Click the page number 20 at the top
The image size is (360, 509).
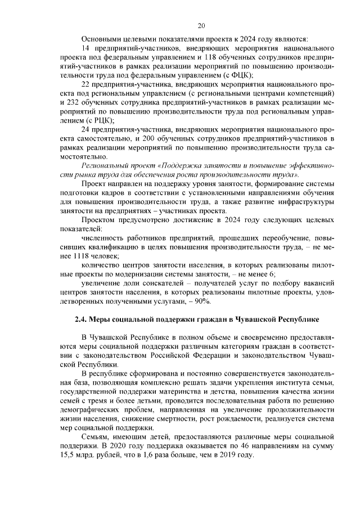coord(201,25)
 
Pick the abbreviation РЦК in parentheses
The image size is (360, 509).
coord(99,120)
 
